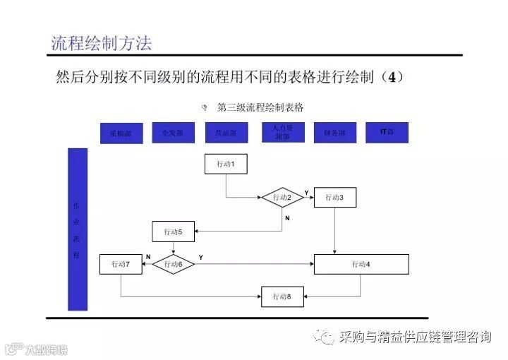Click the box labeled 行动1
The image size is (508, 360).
[x=226, y=164]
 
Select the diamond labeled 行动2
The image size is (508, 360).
[x=282, y=198]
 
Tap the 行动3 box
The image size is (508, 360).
[x=334, y=198]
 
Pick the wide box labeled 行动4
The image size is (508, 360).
[x=361, y=264]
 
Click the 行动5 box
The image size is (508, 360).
[x=174, y=231]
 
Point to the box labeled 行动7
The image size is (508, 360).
[x=121, y=264]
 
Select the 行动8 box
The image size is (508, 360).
[x=282, y=296]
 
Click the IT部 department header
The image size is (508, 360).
[x=387, y=133]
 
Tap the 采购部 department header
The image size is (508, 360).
[x=121, y=133]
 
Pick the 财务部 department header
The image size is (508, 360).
[x=334, y=133]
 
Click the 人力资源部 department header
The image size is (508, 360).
[x=282, y=132]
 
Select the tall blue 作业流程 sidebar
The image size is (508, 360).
[x=77, y=229]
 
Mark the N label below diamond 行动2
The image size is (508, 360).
[x=287, y=218]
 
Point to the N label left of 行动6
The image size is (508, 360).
[x=148, y=256]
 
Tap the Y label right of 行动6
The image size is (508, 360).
[x=201, y=256]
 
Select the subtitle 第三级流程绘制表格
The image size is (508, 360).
[x=260, y=107]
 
